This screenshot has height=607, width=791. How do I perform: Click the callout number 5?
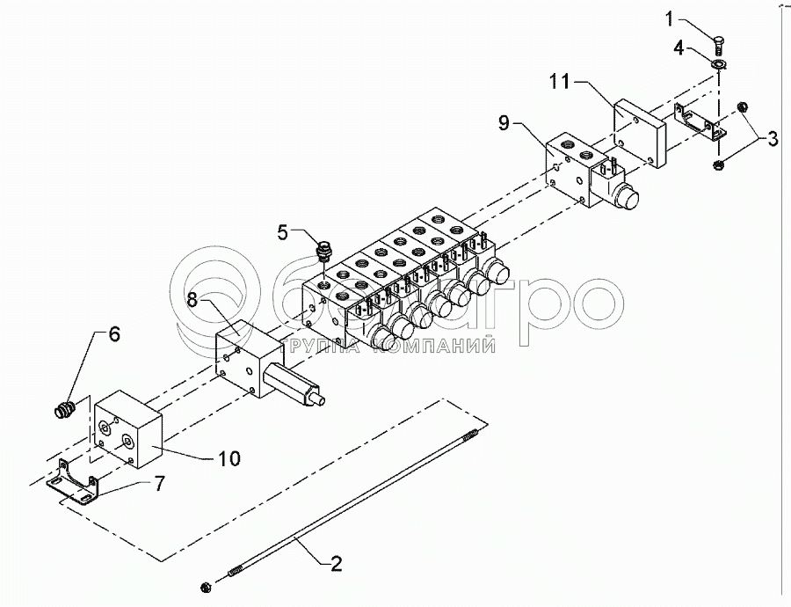point(282,232)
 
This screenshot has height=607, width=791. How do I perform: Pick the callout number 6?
point(113,335)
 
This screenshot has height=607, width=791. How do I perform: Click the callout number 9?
point(504,123)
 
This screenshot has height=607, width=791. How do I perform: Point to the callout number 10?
point(228,458)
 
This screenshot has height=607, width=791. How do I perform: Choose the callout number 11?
point(562,82)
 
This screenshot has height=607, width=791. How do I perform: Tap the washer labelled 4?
point(719,63)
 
